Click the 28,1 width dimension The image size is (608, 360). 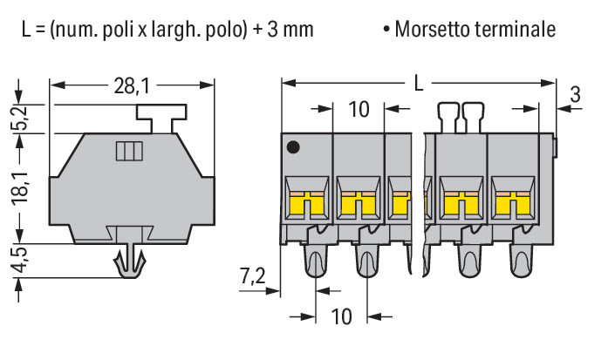tap(132, 86)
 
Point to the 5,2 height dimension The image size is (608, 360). tap(20, 118)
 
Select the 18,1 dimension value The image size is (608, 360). tap(20, 187)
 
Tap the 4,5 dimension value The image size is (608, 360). tap(20, 260)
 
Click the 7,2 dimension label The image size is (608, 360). tap(252, 277)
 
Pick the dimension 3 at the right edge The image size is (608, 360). tap(576, 94)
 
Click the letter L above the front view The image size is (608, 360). tap(419, 83)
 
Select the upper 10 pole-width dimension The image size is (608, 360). tap(359, 109)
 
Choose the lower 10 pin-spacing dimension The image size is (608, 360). tap(341, 316)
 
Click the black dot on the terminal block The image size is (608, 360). tap(293, 146)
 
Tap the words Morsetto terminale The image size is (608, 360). tap(475, 30)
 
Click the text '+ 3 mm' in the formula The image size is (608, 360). tap(283, 30)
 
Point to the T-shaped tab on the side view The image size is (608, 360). tap(161, 119)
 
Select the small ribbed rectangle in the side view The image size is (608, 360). tap(129, 151)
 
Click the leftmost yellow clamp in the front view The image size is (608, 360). tap(307, 204)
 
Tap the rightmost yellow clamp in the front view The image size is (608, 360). tap(513, 204)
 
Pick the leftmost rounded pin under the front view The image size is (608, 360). tap(316, 261)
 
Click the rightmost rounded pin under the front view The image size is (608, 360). tap(521, 261)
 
